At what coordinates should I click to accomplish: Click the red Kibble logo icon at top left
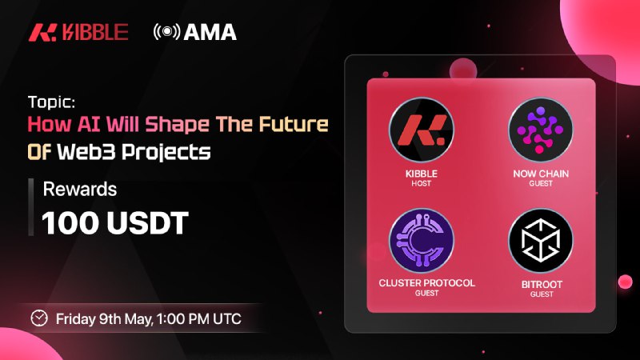point(42,33)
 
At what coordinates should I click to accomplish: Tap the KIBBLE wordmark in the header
point(95,33)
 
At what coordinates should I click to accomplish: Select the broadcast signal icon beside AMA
point(166,32)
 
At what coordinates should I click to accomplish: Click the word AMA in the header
point(210,32)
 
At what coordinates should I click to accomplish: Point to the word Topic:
point(51,102)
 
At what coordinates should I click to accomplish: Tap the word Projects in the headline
point(166,153)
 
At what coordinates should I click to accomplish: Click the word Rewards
point(80,189)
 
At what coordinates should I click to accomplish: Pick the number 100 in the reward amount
point(71,223)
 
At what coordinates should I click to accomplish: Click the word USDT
point(147,223)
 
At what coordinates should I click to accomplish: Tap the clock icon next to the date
point(39,318)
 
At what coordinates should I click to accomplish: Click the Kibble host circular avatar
point(422,130)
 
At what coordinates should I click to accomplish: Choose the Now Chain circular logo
point(541,130)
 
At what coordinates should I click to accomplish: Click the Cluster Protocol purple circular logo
point(422,241)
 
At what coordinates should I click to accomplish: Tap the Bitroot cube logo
point(541,241)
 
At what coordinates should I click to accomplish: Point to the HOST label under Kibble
point(422,184)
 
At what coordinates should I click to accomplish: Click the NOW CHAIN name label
point(541,174)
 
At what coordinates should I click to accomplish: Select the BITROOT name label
point(542,285)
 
